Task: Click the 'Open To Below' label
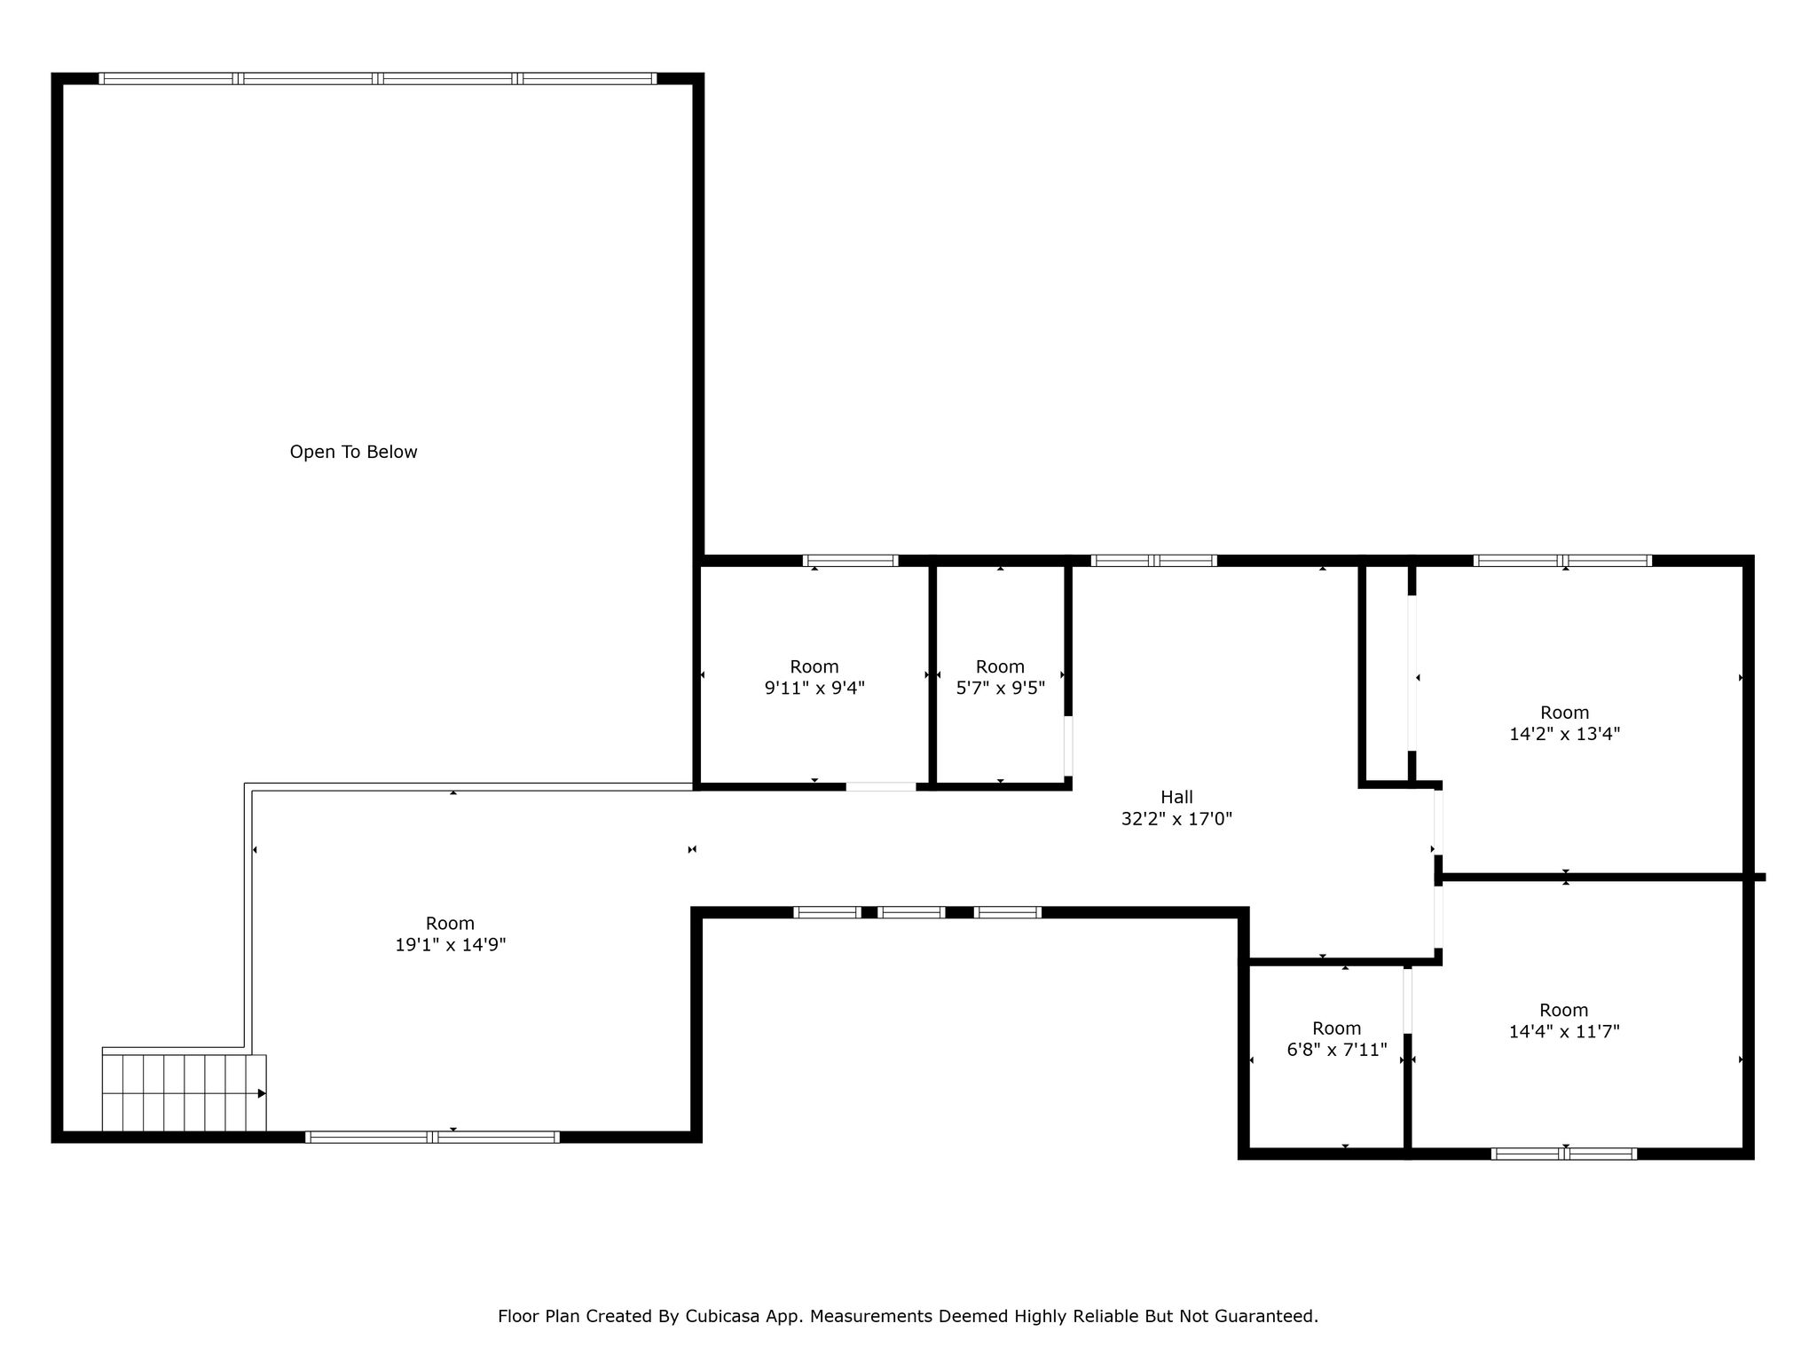[x=353, y=452]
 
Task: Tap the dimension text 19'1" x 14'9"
[x=451, y=945]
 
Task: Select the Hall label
[x=1176, y=797]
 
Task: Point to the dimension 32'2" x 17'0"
[x=1176, y=819]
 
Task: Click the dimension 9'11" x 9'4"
[x=814, y=688]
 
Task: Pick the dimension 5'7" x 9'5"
[x=1000, y=688]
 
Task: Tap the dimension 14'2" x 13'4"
[x=1565, y=734]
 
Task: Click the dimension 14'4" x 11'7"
[x=1564, y=1031]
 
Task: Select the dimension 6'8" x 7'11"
[x=1337, y=1050]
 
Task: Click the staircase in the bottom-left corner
[x=184, y=1092]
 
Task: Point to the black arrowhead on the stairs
[x=262, y=1093]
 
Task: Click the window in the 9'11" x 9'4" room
[x=851, y=560]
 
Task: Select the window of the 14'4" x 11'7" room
[x=1564, y=1154]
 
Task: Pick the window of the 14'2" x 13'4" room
[x=1562, y=560]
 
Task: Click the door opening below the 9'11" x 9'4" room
[x=881, y=786]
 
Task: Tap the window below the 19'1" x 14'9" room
[x=432, y=1137]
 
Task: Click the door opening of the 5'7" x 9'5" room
[x=1068, y=746]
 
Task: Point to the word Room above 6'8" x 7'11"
[x=1337, y=1028]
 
